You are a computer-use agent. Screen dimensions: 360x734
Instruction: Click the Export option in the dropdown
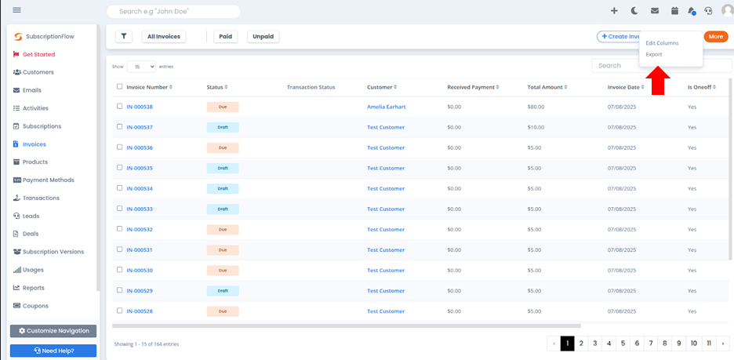tap(654, 55)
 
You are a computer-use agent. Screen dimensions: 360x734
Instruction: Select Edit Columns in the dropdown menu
tap(662, 43)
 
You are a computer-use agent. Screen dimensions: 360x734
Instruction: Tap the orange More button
tap(715, 37)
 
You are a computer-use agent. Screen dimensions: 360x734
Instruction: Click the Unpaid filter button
tap(263, 37)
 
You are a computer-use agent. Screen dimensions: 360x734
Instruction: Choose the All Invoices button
tap(164, 37)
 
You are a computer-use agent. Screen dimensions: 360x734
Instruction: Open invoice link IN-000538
tap(140, 107)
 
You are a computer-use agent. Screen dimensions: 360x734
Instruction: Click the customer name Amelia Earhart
tap(386, 107)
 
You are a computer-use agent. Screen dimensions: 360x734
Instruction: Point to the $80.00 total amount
tap(536, 107)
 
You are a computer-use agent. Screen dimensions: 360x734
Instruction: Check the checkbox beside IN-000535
tap(119, 168)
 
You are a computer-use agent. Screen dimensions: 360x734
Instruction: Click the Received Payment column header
tap(474, 87)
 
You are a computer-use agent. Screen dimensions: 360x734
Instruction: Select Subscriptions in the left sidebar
tap(42, 126)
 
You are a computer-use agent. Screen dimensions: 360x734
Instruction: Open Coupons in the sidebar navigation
tap(35, 306)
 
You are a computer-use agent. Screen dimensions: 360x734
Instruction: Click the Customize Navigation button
tap(53, 331)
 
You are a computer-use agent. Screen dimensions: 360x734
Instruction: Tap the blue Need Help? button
tap(53, 351)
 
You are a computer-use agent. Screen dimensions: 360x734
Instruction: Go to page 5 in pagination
tap(623, 344)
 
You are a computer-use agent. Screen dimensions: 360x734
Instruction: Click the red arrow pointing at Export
tap(658, 82)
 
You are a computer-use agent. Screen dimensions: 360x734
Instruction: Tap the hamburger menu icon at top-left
tap(16, 10)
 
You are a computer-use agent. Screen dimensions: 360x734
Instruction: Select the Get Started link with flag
tap(38, 55)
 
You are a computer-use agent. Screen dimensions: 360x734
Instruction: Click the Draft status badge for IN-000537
tap(223, 127)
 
